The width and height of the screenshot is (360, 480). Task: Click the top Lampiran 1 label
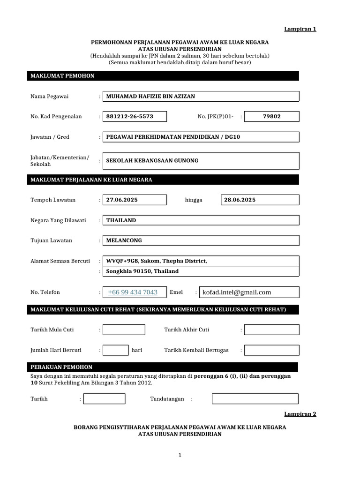tap(300, 29)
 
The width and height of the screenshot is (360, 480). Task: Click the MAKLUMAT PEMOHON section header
tap(62, 76)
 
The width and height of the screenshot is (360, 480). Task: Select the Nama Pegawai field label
tap(50, 97)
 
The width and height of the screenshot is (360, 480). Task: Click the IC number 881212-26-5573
tap(130, 116)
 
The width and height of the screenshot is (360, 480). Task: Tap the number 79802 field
tap(272, 116)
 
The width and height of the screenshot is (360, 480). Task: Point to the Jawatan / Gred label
tap(50, 137)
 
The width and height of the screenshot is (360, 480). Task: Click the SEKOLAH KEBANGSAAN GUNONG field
tap(152, 160)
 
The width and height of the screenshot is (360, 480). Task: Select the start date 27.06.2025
tap(122, 200)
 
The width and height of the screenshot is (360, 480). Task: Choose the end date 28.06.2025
tap(240, 200)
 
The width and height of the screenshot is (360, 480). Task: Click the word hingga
tap(194, 200)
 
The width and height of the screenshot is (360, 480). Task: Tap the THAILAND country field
tap(121, 220)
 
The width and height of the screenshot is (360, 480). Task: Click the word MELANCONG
tap(124, 240)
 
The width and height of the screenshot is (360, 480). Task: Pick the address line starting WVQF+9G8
tap(156, 261)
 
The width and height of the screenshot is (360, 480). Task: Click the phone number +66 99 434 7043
tap(133, 292)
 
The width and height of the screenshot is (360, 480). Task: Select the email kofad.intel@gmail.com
tap(237, 292)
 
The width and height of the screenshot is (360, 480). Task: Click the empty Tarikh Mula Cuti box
tap(124, 330)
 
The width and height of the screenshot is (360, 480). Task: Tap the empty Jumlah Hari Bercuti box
tap(115, 350)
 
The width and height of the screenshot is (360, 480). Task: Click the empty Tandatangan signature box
tap(255, 399)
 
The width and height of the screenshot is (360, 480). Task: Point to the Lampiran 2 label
tap(300, 414)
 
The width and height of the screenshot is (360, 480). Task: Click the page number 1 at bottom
tap(180, 455)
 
